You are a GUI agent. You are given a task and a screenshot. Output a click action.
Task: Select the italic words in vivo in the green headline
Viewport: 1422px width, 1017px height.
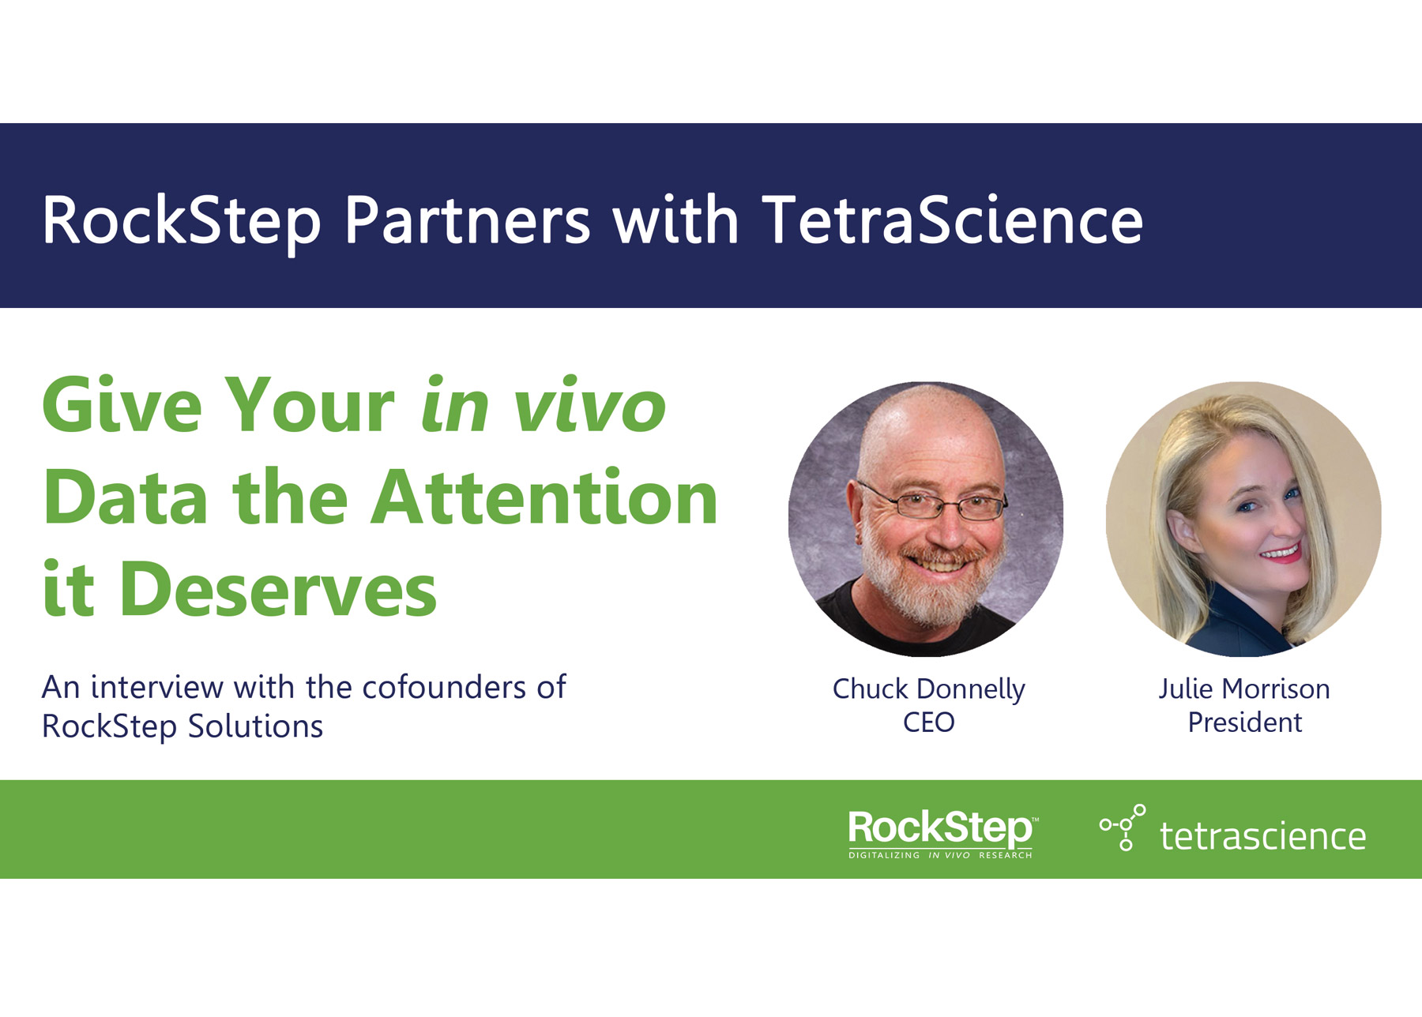[544, 405]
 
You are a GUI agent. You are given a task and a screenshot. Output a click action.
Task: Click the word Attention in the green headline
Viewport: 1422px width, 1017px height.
[544, 497]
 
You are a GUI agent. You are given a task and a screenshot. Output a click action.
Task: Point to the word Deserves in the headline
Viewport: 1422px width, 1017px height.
[278, 588]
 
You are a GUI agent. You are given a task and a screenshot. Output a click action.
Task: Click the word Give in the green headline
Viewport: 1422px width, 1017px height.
[122, 405]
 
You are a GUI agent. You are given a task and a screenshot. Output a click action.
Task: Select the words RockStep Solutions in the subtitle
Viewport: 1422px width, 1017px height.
[182, 726]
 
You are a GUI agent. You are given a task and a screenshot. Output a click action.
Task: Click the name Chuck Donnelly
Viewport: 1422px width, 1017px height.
[928, 689]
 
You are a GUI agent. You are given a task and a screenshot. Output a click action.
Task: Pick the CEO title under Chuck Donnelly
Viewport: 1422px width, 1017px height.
[928, 722]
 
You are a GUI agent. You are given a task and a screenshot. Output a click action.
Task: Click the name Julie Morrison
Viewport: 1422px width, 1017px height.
[1244, 689]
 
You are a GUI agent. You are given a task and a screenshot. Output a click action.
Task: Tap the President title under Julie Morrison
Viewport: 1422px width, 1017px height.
[1244, 722]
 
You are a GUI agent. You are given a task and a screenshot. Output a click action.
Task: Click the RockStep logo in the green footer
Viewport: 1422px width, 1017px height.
[942, 834]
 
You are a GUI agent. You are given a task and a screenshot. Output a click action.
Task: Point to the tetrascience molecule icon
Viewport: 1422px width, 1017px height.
[1123, 827]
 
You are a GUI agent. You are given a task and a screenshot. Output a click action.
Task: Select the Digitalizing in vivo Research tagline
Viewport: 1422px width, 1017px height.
[940, 855]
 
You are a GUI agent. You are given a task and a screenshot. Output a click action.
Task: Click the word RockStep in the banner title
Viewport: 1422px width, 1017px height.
[181, 220]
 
